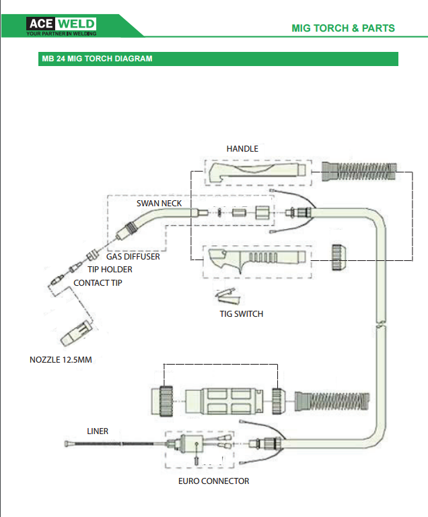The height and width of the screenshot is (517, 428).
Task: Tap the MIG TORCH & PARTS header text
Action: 343,28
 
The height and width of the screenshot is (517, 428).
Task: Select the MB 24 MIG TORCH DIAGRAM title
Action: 98,59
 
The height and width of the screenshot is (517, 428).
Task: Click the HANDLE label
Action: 242,148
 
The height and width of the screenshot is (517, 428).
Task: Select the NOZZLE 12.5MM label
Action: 61,360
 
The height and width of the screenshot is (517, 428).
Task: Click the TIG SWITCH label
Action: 242,313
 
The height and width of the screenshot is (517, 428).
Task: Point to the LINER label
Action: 98,431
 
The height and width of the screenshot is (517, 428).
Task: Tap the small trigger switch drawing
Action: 226,295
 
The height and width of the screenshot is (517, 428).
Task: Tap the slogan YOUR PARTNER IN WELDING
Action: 61,33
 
